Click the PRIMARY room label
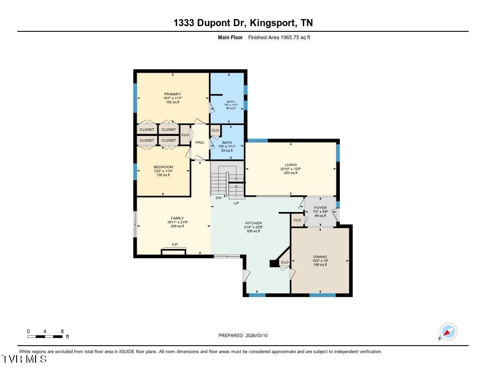pos(173,94)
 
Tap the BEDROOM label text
pos(163,167)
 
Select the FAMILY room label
pos(177,218)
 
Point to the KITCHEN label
pos(253,223)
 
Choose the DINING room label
pos(320,257)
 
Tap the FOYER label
pos(320,208)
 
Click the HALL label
pos(200,142)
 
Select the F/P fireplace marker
pos(175,245)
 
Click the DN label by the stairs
pos(218,198)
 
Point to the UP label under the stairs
pos(236,203)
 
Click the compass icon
pos(448,331)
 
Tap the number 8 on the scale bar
pos(62,331)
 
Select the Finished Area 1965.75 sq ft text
pos(279,37)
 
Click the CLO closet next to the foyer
pos(297,220)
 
